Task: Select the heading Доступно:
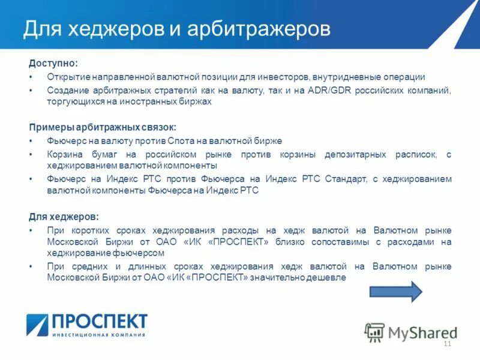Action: [53, 63]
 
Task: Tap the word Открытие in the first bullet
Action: [67, 77]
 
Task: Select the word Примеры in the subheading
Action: [49, 127]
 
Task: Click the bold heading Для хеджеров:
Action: [64, 217]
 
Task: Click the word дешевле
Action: [327, 278]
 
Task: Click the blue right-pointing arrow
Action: [396, 292]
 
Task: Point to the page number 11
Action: [446, 343]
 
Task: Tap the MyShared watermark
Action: [411, 332]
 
